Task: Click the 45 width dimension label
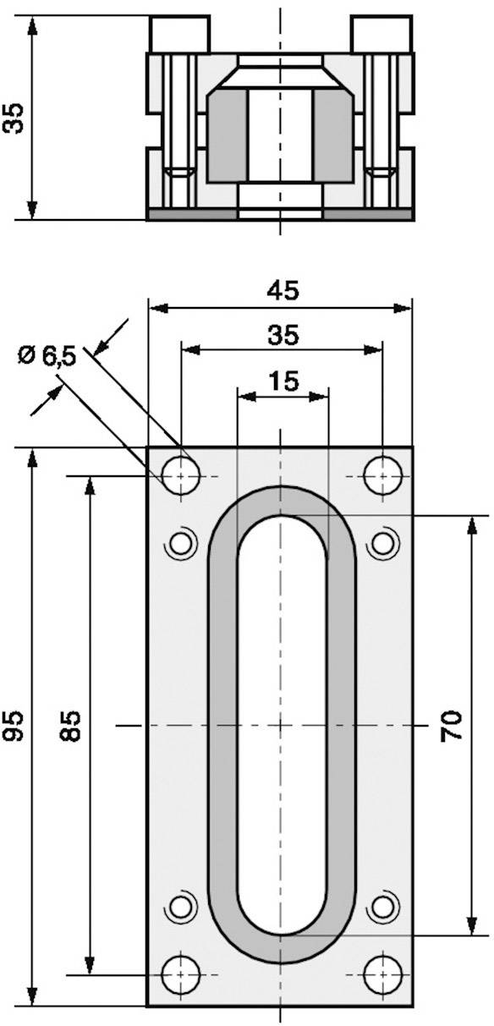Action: click(x=283, y=290)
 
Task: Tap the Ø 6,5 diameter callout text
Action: click(x=47, y=356)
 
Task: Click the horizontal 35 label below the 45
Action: click(x=283, y=336)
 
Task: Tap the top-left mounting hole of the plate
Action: click(x=180, y=477)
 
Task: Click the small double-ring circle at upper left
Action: click(x=180, y=543)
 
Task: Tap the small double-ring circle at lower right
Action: click(x=382, y=908)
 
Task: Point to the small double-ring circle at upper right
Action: click(x=382, y=543)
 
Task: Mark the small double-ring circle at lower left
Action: click(x=180, y=908)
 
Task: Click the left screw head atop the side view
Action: click(x=179, y=35)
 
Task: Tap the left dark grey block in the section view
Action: click(x=226, y=135)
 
